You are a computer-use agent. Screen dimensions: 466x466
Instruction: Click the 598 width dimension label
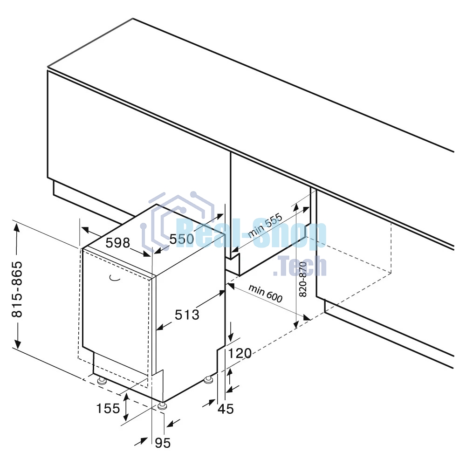[x=118, y=243]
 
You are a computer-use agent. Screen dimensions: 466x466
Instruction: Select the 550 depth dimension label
[x=182, y=239]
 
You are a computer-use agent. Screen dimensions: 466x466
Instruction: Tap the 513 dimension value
[x=187, y=315]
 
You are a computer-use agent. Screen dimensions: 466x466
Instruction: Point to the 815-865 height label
[x=17, y=289]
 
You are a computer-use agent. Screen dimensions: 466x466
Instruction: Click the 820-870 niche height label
[x=302, y=279]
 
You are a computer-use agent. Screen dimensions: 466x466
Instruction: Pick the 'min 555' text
[x=265, y=226]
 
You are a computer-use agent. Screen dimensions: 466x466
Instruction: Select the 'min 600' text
[x=266, y=293]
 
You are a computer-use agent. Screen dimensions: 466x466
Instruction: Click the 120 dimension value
[x=240, y=353]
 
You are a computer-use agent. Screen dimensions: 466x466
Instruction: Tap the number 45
[x=226, y=409]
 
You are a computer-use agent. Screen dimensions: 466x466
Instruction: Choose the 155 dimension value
[x=108, y=408]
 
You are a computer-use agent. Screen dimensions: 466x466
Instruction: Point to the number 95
[x=163, y=443]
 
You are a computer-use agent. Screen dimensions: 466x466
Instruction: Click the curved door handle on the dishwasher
[x=115, y=278]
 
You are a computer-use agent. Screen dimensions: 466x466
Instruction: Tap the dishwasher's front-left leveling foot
[x=102, y=380]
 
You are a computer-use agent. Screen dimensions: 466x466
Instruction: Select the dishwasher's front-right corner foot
[x=162, y=406]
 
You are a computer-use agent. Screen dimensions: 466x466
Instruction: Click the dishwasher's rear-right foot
[x=208, y=379]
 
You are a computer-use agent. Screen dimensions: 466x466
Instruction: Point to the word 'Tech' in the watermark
[x=300, y=266]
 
